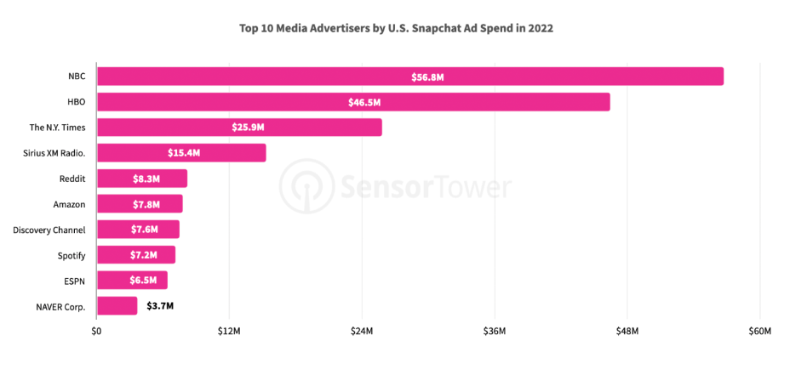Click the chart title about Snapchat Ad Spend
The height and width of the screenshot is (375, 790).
397,28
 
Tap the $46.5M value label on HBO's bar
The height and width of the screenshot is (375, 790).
364,102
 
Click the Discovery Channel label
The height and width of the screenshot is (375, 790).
49,230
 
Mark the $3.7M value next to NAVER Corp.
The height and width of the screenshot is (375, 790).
161,306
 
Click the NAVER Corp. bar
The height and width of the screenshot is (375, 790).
117,306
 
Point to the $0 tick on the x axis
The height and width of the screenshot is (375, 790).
97,331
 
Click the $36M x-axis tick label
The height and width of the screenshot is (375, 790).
495,331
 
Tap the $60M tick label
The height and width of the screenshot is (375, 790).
759,331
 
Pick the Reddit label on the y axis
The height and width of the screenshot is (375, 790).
72,179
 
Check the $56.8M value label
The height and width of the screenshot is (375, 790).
427,77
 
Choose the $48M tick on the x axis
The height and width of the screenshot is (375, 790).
627,331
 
